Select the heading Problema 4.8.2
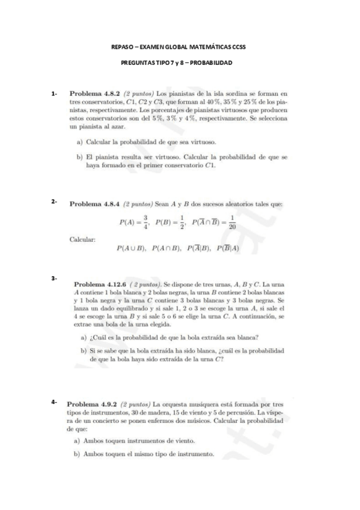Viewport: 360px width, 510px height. click(95, 94)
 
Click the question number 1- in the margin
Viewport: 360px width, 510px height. click(54, 94)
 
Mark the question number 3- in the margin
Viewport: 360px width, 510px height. click(54, 277)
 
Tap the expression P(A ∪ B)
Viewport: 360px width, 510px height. click(132, 248)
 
